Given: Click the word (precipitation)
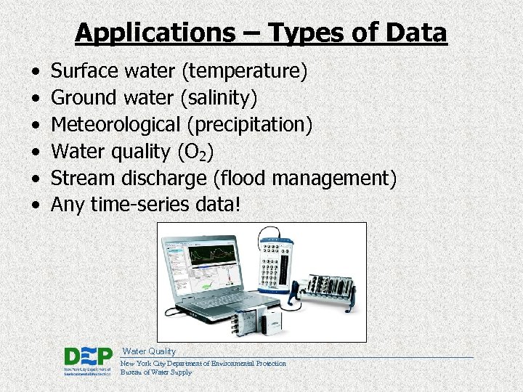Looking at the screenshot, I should coord(250,124).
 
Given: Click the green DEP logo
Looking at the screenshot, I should coord(88,358).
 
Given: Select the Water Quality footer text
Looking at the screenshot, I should coord(149,351).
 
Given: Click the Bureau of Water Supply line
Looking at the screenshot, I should coord(156,372).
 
